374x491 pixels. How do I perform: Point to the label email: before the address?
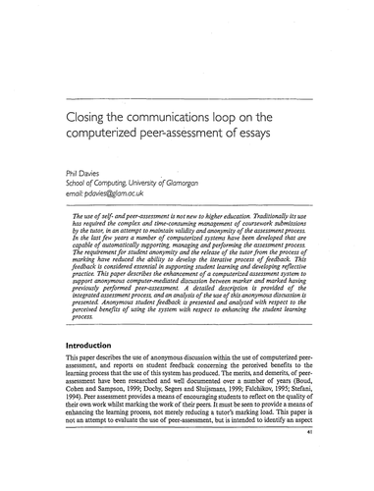point(73,194)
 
